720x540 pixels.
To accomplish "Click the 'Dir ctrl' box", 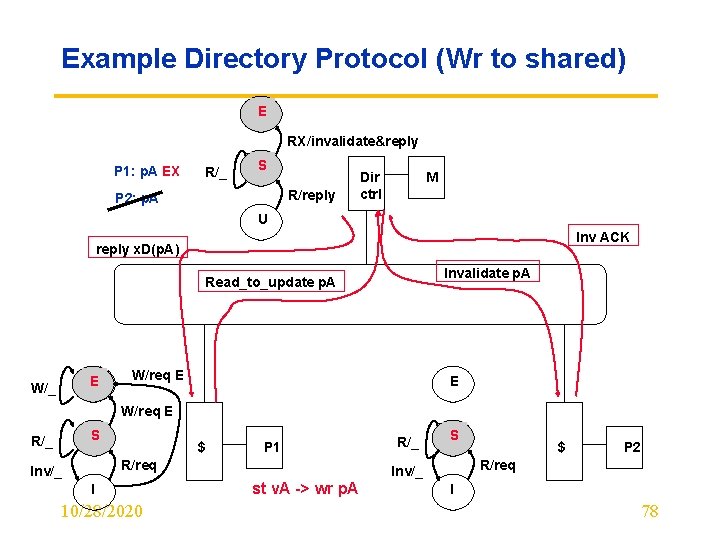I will click(371, 185).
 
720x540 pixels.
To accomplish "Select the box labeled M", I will click(433, 177).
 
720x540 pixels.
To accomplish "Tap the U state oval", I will click(262, 219).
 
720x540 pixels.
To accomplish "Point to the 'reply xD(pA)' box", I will click(136, 248).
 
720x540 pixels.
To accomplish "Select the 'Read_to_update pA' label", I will click(270, 282).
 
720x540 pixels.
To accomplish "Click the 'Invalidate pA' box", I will click(487, 273).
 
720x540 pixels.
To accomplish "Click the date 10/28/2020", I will click(101, 512).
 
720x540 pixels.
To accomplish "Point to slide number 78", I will click(650, 512).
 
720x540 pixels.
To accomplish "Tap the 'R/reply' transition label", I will click(311, 196).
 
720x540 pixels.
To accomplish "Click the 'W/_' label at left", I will click(42, 388).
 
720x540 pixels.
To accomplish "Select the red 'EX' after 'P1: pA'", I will click(171, 171).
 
